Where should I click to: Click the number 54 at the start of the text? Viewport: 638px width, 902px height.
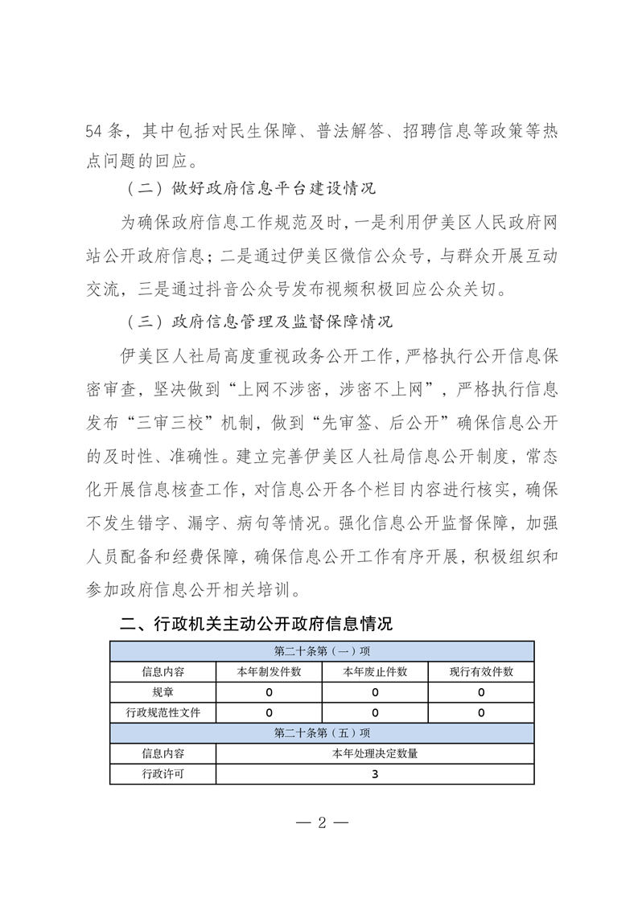pyautogui.click(x=95, y=131)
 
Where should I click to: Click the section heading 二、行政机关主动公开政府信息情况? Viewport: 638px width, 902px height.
pyautogui.click(x=256, y=624)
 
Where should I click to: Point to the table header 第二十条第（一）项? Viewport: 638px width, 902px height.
pyautogui.click(x=322, y=650)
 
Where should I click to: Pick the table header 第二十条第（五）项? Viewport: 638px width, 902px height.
pyautogui.click(x=322, y=733)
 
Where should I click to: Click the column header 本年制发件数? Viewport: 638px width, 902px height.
pyautogui.click(x=269, y=671)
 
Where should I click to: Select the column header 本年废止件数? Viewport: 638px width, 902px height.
pyautogui.click(x=375, y=671)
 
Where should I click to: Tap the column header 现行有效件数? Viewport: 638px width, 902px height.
pyautogui.click(x=481, y=671)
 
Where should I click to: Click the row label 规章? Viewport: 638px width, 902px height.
pyautogui.click(x=163, y=692)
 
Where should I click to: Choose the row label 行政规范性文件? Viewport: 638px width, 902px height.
pyautogui.click(x=163, y=712)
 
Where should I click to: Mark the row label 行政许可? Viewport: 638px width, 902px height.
pyautogui.click(x=163, y=774)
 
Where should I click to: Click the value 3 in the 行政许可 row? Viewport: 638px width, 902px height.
pyautogui.click(x=375, y=774)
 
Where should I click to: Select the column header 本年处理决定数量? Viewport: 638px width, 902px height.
pyautogui.click(x=375, y=754)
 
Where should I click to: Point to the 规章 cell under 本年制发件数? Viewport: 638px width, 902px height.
pyautogui.click(x=269, y=692)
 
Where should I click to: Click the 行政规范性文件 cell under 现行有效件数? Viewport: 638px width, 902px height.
pyautogui.click(x=481, y=712)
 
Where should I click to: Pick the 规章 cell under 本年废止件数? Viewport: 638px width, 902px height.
pyautogui.click(x=375, y=692)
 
